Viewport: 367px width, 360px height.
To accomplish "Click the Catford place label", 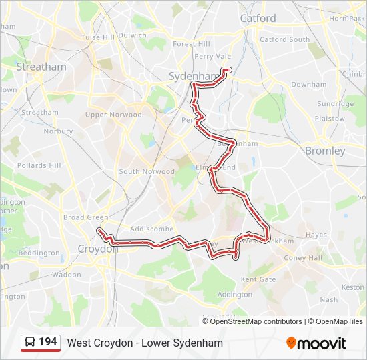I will (x=258, y=19).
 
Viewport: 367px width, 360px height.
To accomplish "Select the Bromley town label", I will (x=325, y=151).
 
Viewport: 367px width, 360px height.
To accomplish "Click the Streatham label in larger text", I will (x=41, y=67).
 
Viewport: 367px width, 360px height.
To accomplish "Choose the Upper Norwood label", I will (x=113, y=115).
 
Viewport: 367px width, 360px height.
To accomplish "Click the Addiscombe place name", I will (x=152, y=229).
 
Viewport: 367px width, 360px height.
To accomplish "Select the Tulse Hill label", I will (x=98, y=37).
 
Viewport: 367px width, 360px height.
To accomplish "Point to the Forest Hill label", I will (x=192, y=44).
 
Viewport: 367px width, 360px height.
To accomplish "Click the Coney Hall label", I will (x=303, y=258).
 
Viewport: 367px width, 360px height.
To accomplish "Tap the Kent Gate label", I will (x=258, y=279).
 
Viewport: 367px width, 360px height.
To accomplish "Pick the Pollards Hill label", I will (x=39, y=165).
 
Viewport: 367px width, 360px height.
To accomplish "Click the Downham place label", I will (x=308, y=85).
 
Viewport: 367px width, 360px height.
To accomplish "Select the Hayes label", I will (x=316, y=235).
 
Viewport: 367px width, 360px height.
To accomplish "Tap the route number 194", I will (x=48, y=342).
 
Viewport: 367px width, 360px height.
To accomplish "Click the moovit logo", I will (x=316, y=343).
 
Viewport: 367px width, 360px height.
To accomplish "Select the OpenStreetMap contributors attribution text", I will (x=256, y=321).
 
